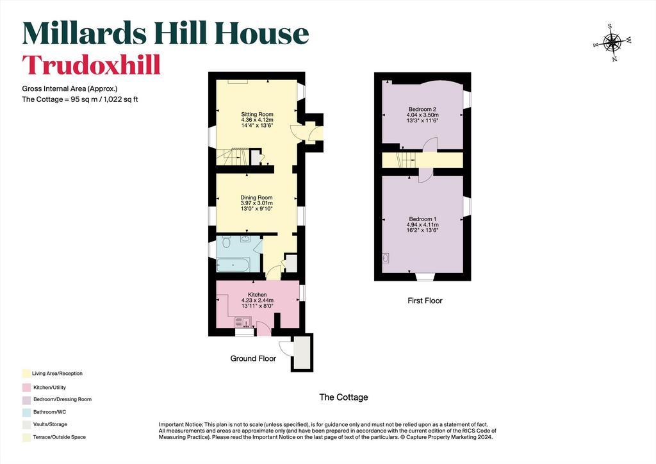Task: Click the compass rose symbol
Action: click(612, 42)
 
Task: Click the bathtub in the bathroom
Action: click(233, 265)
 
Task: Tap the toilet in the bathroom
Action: click(226, 242)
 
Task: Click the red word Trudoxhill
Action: click(91, 65)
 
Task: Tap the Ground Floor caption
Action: click(253, 358)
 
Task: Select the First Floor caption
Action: click(425, 301)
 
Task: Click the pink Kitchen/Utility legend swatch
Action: click(26, 388)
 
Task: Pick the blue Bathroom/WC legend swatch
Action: click(26, 412)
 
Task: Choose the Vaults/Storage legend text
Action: click(50, 424)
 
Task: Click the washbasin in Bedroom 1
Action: click(385, 257)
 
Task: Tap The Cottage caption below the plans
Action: click(343, 397)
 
